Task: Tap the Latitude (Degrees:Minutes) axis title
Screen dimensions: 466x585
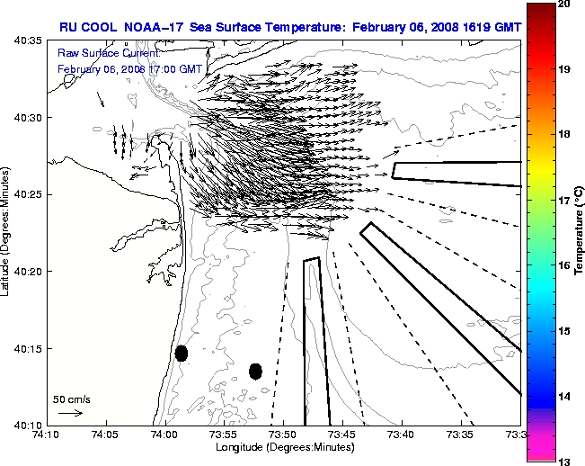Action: [x=7, y=232]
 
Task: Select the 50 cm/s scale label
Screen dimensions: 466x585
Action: [x=70, y=399]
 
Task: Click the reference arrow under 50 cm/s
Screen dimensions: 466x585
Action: [x=70, y=413]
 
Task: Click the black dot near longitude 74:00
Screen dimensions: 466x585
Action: [x=182, y=353]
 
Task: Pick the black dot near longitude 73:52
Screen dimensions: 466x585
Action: [x=255, y=371]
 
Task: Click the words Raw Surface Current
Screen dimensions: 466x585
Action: [x=99, y=54]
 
